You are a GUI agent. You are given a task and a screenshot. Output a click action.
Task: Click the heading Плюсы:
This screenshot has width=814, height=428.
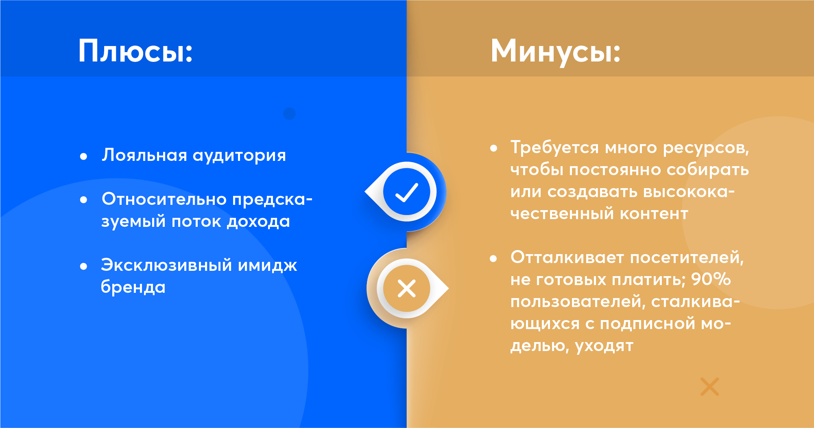point(135,51)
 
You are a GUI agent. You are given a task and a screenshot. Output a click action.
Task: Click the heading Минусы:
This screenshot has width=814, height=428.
point(556,51)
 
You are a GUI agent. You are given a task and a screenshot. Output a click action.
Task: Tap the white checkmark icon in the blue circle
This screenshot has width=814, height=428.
point(406,192)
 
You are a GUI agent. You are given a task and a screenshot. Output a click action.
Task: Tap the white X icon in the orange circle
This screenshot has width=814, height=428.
point(406,289)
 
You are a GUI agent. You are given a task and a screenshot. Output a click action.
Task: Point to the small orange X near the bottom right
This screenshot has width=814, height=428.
point(709,386)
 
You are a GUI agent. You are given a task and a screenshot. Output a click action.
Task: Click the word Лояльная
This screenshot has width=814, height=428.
point(144,156)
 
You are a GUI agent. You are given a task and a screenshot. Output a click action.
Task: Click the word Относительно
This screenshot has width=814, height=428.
point(164,199)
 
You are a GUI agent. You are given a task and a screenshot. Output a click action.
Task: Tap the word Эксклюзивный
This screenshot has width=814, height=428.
point(166,266)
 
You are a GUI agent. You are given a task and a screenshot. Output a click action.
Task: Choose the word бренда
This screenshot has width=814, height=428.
point(133,287)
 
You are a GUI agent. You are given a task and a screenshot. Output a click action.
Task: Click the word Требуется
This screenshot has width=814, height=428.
point(555,148)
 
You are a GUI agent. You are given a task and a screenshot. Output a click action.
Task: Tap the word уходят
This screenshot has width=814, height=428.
point(604,346)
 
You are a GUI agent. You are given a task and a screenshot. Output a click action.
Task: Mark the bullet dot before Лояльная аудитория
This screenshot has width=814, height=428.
point(84,156)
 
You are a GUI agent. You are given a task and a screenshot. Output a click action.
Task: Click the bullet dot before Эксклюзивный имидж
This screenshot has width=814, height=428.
point(84,266)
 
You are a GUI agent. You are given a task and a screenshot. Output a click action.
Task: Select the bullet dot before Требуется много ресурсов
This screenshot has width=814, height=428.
point(494,148)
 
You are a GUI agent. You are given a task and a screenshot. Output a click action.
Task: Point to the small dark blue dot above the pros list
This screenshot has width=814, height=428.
point(289,114)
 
